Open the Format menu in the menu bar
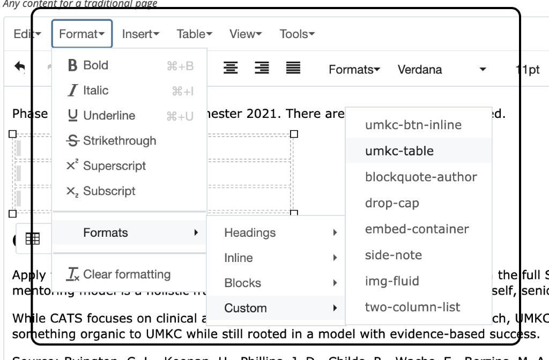pos(81,34)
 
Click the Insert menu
pos(140,34)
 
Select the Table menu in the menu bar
pos(195,34)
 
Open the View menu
pos(246,34)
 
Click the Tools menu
pos(296,34)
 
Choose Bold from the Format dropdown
pos(95,65)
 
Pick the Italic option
pos(95,91)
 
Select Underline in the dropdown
pos(109,116)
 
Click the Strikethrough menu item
pos(120,141)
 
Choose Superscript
pos(114,166)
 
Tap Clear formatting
pos(127,275)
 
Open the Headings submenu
pos(250,233)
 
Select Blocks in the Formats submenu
pos(242,283)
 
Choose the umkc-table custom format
pos(399,151)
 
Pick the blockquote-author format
pos(421,177)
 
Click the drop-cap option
pos(392,204)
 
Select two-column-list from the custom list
pos(412,307)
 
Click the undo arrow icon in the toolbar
pos(20,67)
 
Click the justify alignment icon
pos(293,68)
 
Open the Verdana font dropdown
pos(442,70)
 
